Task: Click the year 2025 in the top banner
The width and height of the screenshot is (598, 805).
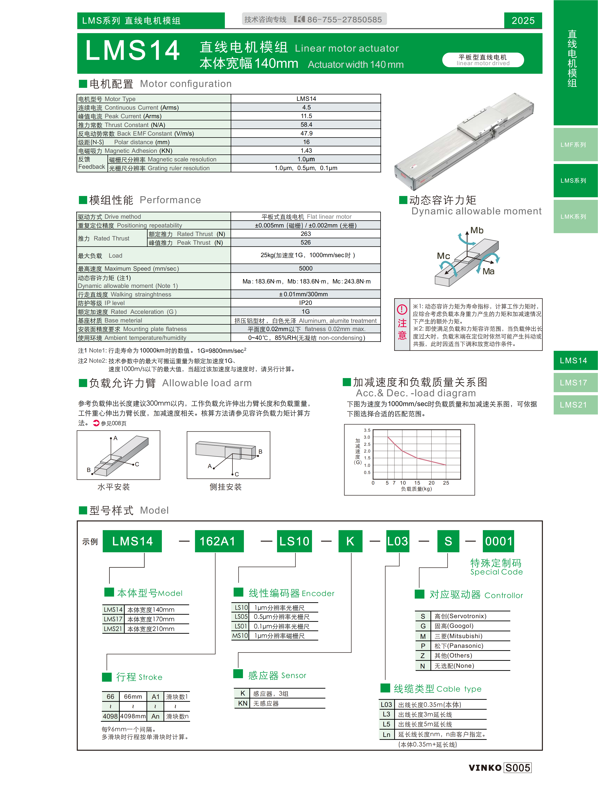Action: coord(523,21)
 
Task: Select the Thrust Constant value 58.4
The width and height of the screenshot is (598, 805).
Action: coord(306,125)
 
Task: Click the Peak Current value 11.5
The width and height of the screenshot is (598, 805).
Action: coord(306,116)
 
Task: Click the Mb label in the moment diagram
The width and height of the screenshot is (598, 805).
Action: coord(477,230)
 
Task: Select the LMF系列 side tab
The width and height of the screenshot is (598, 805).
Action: coord(573,145)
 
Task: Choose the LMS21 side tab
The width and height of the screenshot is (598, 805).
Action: coord(573,405)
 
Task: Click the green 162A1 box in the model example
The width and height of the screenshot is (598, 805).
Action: coord(219,541)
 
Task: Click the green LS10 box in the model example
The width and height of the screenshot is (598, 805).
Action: coord(294,541)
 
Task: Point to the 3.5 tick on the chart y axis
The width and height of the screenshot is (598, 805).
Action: coord(367,430)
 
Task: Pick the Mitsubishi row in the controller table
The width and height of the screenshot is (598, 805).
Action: coord(458,636)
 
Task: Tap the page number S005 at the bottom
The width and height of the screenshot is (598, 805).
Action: coord(518,768)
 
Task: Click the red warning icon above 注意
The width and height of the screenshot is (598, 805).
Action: coord(402,309)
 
